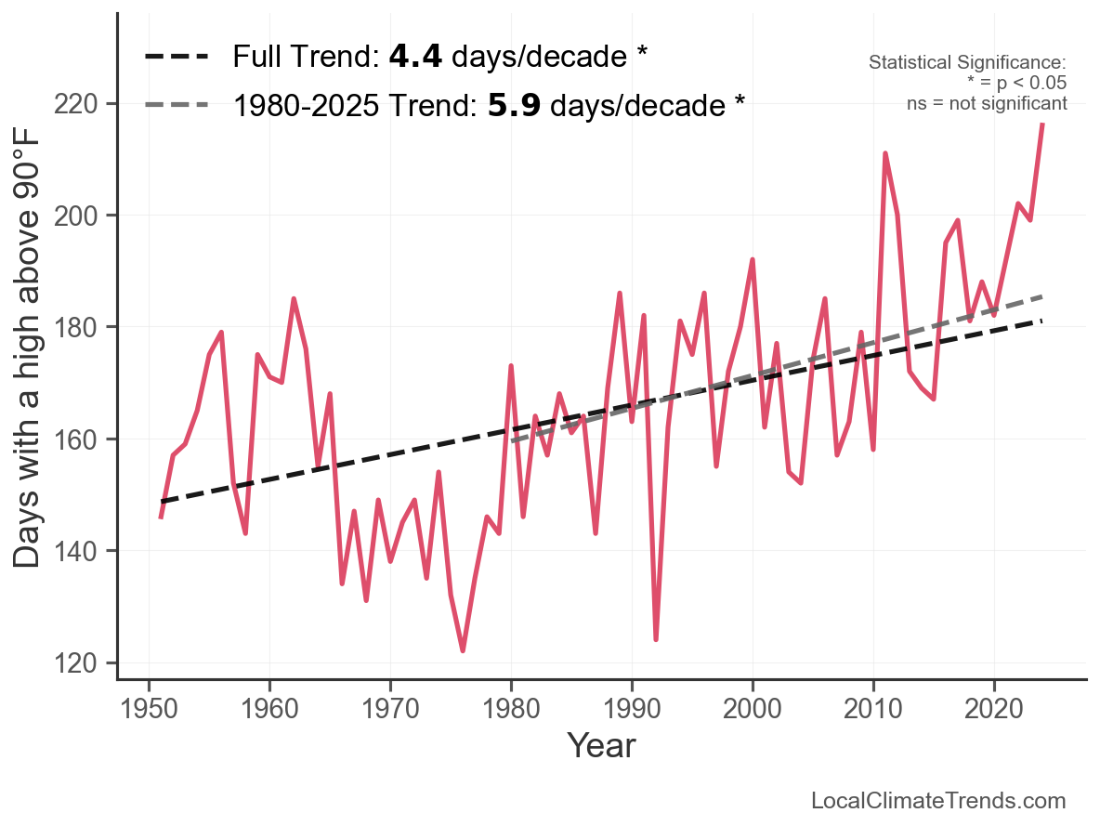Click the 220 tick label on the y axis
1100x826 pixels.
83,103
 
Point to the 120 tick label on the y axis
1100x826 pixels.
83,663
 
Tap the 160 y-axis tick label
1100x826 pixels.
83,439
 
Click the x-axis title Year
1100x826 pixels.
601,745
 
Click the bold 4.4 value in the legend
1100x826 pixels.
415,58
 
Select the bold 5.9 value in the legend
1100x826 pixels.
515,106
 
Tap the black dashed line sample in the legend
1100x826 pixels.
176,58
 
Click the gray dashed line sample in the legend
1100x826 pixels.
176,106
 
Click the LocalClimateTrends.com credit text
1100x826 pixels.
938,801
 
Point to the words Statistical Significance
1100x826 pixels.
967,63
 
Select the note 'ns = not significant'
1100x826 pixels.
987,103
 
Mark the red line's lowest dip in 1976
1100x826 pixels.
463,650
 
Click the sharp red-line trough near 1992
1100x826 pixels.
656,639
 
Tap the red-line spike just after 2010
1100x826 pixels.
885,153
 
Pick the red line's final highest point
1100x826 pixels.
1042,124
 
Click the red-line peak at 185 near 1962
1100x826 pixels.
294,299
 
